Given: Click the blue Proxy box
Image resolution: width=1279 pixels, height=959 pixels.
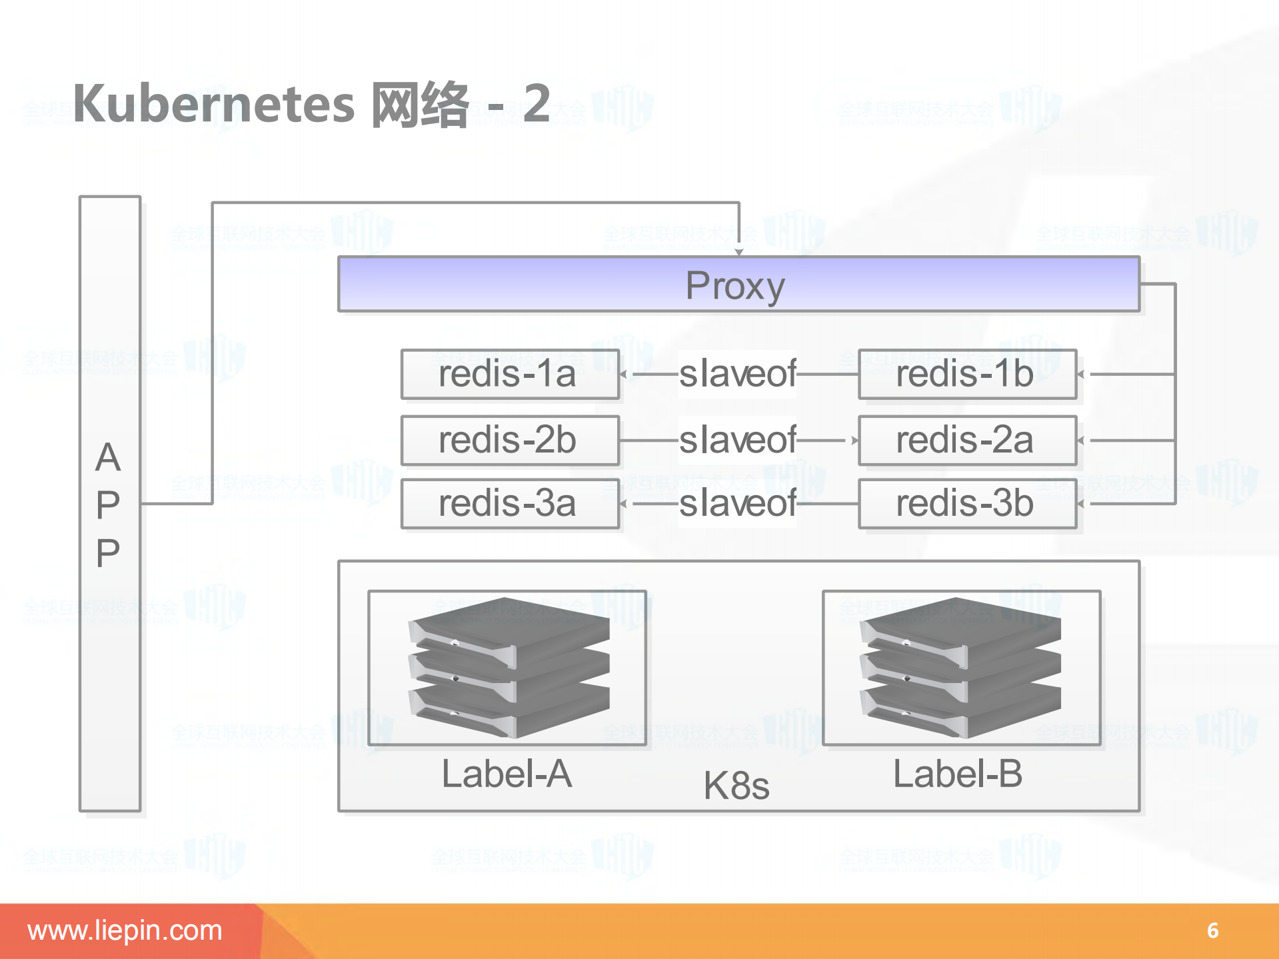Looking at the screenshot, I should (x=738, y=285).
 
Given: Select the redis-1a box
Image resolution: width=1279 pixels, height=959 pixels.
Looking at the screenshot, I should (x=510, y=374).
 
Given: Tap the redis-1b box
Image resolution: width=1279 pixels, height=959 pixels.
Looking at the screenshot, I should (x=966, y=374).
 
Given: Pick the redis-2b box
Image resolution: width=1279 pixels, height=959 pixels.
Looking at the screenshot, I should (x=510, y=441).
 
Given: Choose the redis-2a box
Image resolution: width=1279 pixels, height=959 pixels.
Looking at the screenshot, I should (x=966, y=441).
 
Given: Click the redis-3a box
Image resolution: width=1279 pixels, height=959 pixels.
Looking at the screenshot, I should (x=510, y=503).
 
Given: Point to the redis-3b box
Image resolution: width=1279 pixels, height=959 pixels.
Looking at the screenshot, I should (x=966, y=503).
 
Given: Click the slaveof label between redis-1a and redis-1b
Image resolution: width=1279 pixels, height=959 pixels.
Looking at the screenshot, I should (x=737, y=374).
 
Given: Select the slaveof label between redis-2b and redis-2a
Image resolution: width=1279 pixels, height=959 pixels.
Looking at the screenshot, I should (x=737, y=441).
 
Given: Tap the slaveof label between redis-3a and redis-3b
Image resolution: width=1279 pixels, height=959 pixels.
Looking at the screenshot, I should (x=737, y=503).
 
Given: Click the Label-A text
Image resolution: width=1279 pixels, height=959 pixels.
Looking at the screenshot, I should (x=507, y=774).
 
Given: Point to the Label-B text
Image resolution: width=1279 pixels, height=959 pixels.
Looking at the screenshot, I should (x=958, y=774).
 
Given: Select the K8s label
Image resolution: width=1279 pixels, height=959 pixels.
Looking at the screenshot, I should (x=736, y=786).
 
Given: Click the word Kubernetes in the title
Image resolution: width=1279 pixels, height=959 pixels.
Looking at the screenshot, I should (x=213, y=105).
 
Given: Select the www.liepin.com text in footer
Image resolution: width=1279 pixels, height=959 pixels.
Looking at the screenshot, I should (x=125, y=930).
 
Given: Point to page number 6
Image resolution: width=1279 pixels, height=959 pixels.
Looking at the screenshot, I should (x=1212, y=930).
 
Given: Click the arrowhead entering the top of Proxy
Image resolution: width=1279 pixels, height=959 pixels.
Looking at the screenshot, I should (x=738, y=252).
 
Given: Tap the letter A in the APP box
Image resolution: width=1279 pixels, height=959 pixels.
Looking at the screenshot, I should (x=108, y=458).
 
